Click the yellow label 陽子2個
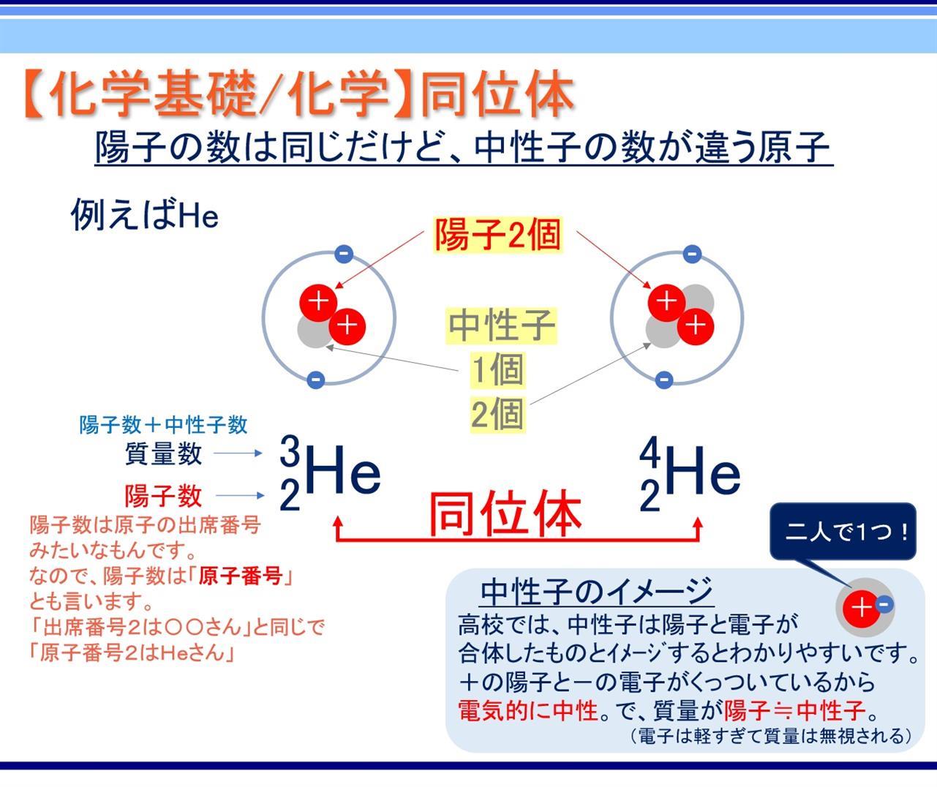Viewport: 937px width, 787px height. click(497, 235)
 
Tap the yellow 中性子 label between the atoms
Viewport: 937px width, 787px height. click(501, 325)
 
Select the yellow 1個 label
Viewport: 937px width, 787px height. click(498, 369)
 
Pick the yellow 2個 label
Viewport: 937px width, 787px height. click(497, 414)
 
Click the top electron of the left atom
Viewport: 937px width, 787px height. click(344, 255)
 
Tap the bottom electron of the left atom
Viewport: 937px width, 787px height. click(316, 380)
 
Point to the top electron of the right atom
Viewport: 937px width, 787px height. click(692, 255)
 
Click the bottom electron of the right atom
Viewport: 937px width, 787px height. click(664, 380)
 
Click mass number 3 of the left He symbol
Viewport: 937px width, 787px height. click(290, 451)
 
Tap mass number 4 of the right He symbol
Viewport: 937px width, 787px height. click(650, 451)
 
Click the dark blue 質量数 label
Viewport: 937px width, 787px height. click(163, 453)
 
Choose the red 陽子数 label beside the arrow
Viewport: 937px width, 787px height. click(163, 495)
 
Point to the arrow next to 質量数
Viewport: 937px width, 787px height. click(238, 453)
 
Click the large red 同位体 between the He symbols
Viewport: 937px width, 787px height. click(505, 513)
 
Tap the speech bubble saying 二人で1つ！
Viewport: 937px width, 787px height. click(843, 532)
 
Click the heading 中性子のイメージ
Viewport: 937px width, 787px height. click(597, 592)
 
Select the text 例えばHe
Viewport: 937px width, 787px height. click(145, 214)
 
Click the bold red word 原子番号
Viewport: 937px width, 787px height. click(241, 576)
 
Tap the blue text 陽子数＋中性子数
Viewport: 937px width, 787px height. click(163, 425)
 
